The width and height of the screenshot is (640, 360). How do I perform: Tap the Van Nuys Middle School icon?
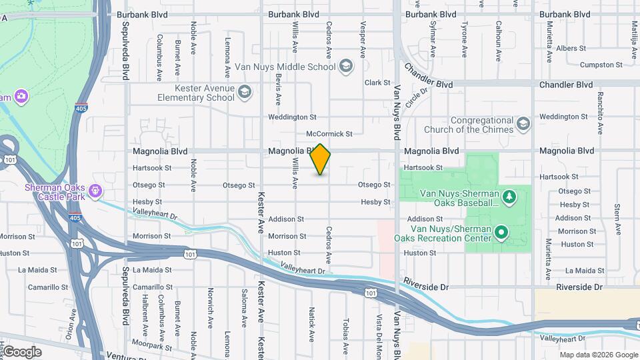coord(345,65)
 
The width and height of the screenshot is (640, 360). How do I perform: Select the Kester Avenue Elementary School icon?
coord(245,92)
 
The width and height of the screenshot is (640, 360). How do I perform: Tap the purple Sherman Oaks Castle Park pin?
coord(96,191)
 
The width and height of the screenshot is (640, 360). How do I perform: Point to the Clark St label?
coord(377,83)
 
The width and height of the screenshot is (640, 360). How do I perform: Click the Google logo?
coord(22,352)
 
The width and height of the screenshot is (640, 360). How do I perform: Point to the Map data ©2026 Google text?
coord(599,355)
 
